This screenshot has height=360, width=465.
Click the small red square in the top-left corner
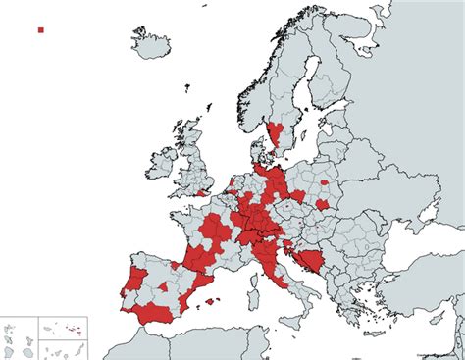[40, 30]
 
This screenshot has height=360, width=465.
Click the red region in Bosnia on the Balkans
[312, 261]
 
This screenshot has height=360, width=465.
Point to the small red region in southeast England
[204, 192]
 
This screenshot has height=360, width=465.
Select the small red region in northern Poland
[323, 181]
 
